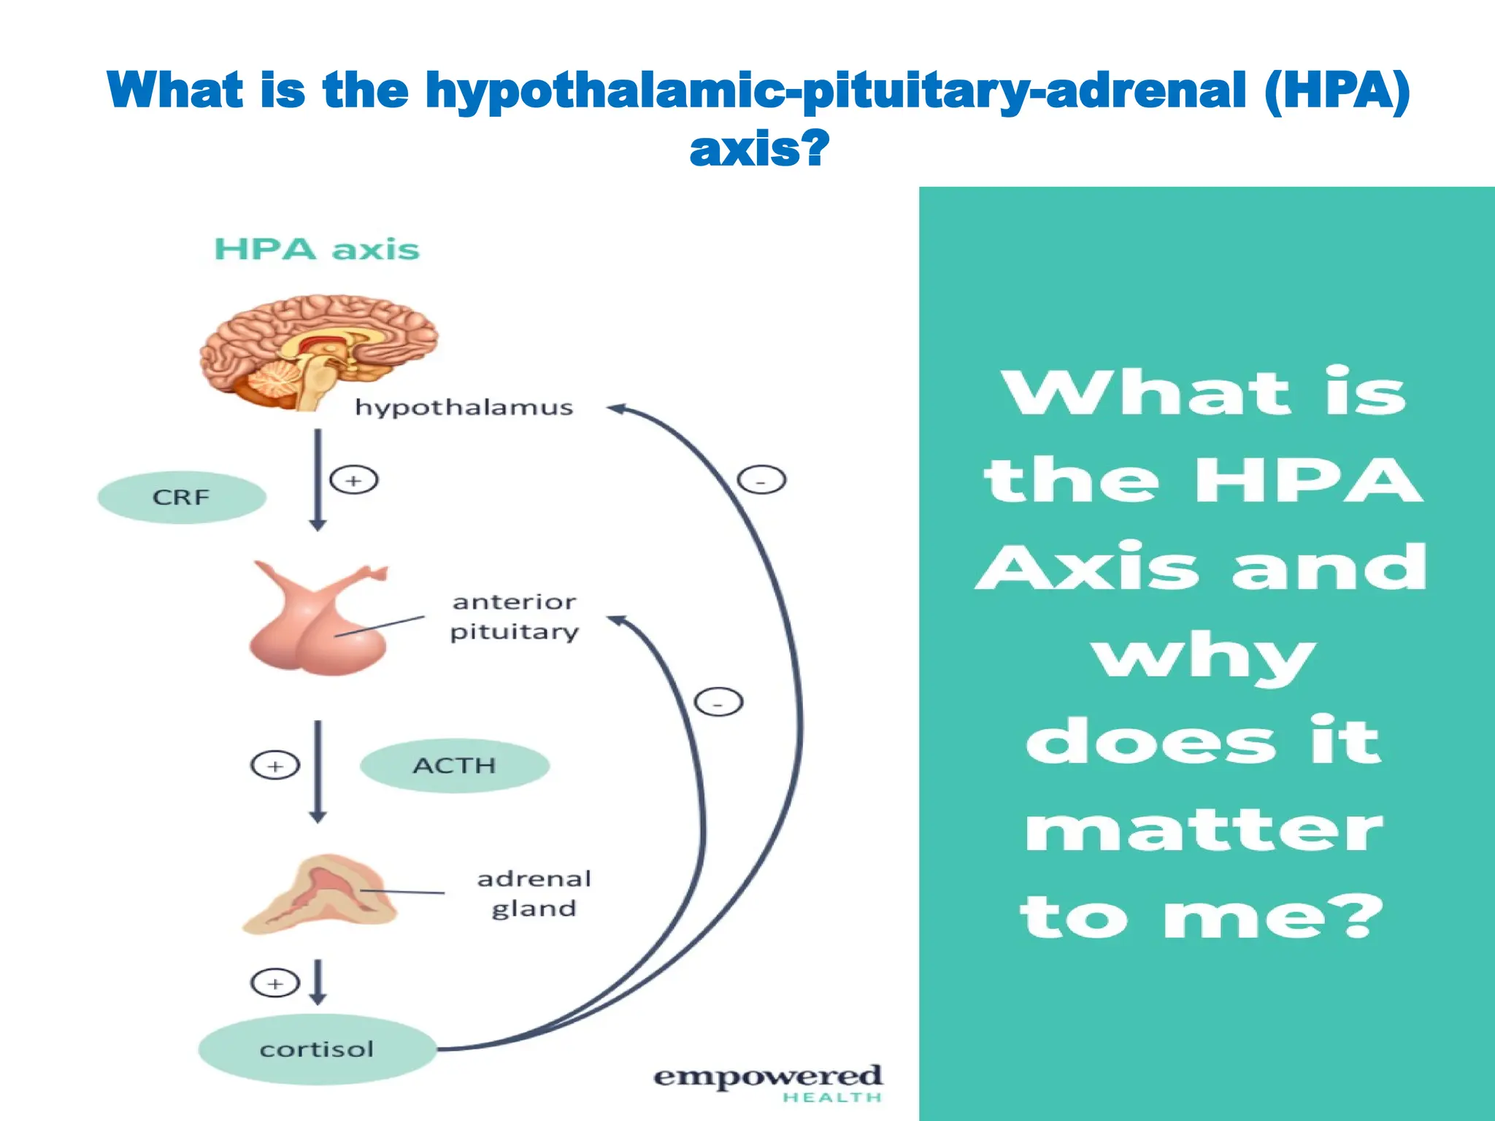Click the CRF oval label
coord(181,498)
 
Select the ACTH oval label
coord(454,766)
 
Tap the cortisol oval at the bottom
coord(317,1049)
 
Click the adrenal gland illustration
coord(319,896)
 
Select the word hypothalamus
coord(464,407)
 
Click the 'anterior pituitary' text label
coord(514,617)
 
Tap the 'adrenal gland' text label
coord(534,893)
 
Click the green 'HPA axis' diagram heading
coord(317,250)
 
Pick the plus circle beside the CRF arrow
coord(354,480)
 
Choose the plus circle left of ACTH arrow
coord(275,766)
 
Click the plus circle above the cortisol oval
coord(275,983)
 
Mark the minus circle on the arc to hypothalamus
coord(761,481)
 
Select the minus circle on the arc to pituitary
coord(718,702)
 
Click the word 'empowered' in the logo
coord(767,1077)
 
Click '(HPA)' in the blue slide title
coord(1337,91)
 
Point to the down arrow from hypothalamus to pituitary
coord(318,480)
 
